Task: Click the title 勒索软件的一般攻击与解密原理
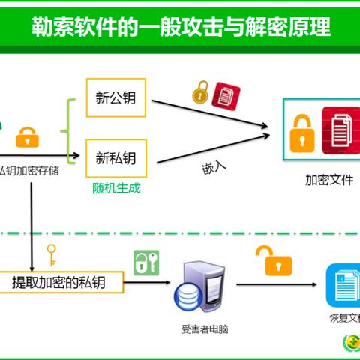[x=180, y=29]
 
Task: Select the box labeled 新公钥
[x=116, y=98]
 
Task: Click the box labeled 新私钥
[x=116, y=157]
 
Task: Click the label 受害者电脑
[x=203, y=328]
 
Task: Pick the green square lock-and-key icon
[x=146, y=262]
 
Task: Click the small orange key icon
[x=52, y=254]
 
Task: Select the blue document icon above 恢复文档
[x=344, y=286]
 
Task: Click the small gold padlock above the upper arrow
[x=200, y=94]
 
